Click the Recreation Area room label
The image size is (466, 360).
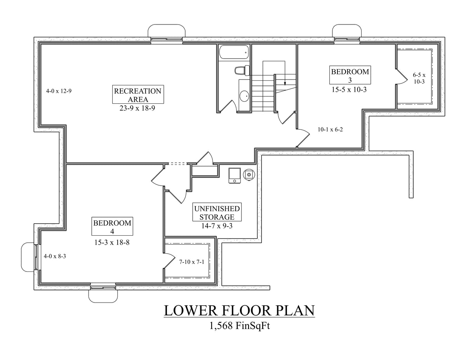pyautogui.click(x=137, y=95)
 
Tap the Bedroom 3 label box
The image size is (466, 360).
pyautogui.click(x=349, y=75)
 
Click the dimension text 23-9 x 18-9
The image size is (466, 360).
pyautogui.click(x=137, y=109)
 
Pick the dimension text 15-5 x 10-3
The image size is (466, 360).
pyautogui.click(x=349, y=89)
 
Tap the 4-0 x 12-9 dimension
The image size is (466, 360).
pyautogui.click(x=58, y=91)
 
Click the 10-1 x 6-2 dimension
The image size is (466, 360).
pyautogui.click(x=330, y=130)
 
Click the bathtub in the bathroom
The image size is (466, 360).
pyautogui.click(x=233, y=53)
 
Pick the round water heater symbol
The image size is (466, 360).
pyautogui.click(x=249, y=175)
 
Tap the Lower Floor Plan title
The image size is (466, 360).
pyautogui.click(x=239, y=311)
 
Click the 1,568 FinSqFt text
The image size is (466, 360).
pyautogui.click(x=239, y=326)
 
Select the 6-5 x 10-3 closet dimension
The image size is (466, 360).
pyautogui.click(x=419, y=78)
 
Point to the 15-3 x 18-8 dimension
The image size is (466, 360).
pyautogui.click(x=112, y=242)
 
